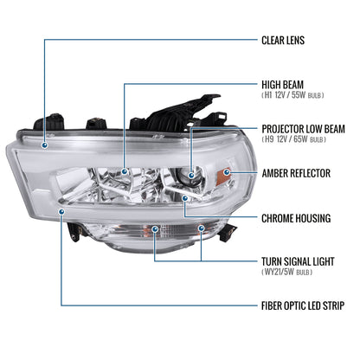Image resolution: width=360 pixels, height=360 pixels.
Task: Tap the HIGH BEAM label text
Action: pos(286,85)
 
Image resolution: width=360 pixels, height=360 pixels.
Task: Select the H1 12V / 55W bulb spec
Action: pos(293,96)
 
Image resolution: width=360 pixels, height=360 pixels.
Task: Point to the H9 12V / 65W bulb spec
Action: pos(293,139)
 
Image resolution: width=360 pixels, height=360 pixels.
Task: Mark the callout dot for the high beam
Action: pos(125,172)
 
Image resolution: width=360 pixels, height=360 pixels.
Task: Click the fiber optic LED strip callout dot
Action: pos(60,210)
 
